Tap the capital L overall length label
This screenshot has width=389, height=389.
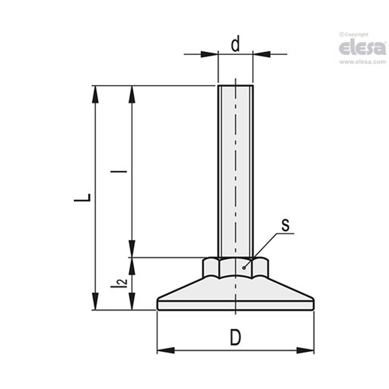[x=83, y=198]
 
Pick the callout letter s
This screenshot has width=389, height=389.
[x=285, y=225]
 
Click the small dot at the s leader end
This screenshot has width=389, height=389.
[x=244, y=267]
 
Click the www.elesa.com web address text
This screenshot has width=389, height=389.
[x=362, y=62]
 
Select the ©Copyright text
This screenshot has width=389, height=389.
[x=354, y=35]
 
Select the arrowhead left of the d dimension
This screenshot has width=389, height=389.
[x=209, y=54]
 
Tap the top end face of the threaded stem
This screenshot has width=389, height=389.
[x=236, y=86]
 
